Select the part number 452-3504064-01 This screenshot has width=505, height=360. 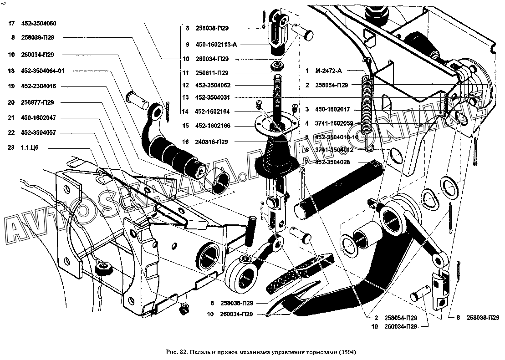pos(42,71)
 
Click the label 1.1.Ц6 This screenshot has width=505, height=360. pos(29,148)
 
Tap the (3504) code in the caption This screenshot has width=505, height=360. pos(347,352)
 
